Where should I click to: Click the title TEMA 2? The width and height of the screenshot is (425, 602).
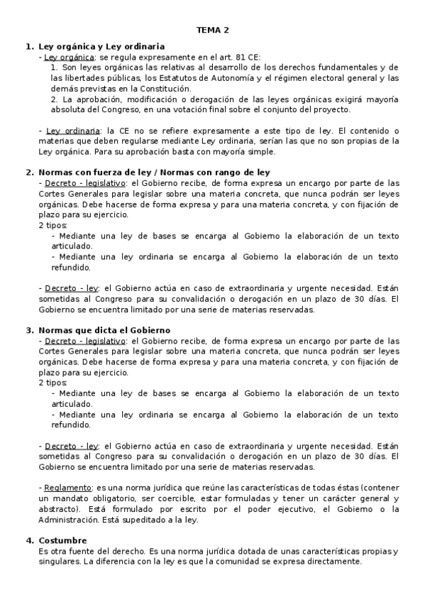coord(213,30)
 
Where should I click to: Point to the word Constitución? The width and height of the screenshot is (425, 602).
coord(165,88)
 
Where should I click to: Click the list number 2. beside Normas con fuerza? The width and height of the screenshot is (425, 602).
coord(30,173)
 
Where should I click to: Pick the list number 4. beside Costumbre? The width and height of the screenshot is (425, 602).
coord(30,540)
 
